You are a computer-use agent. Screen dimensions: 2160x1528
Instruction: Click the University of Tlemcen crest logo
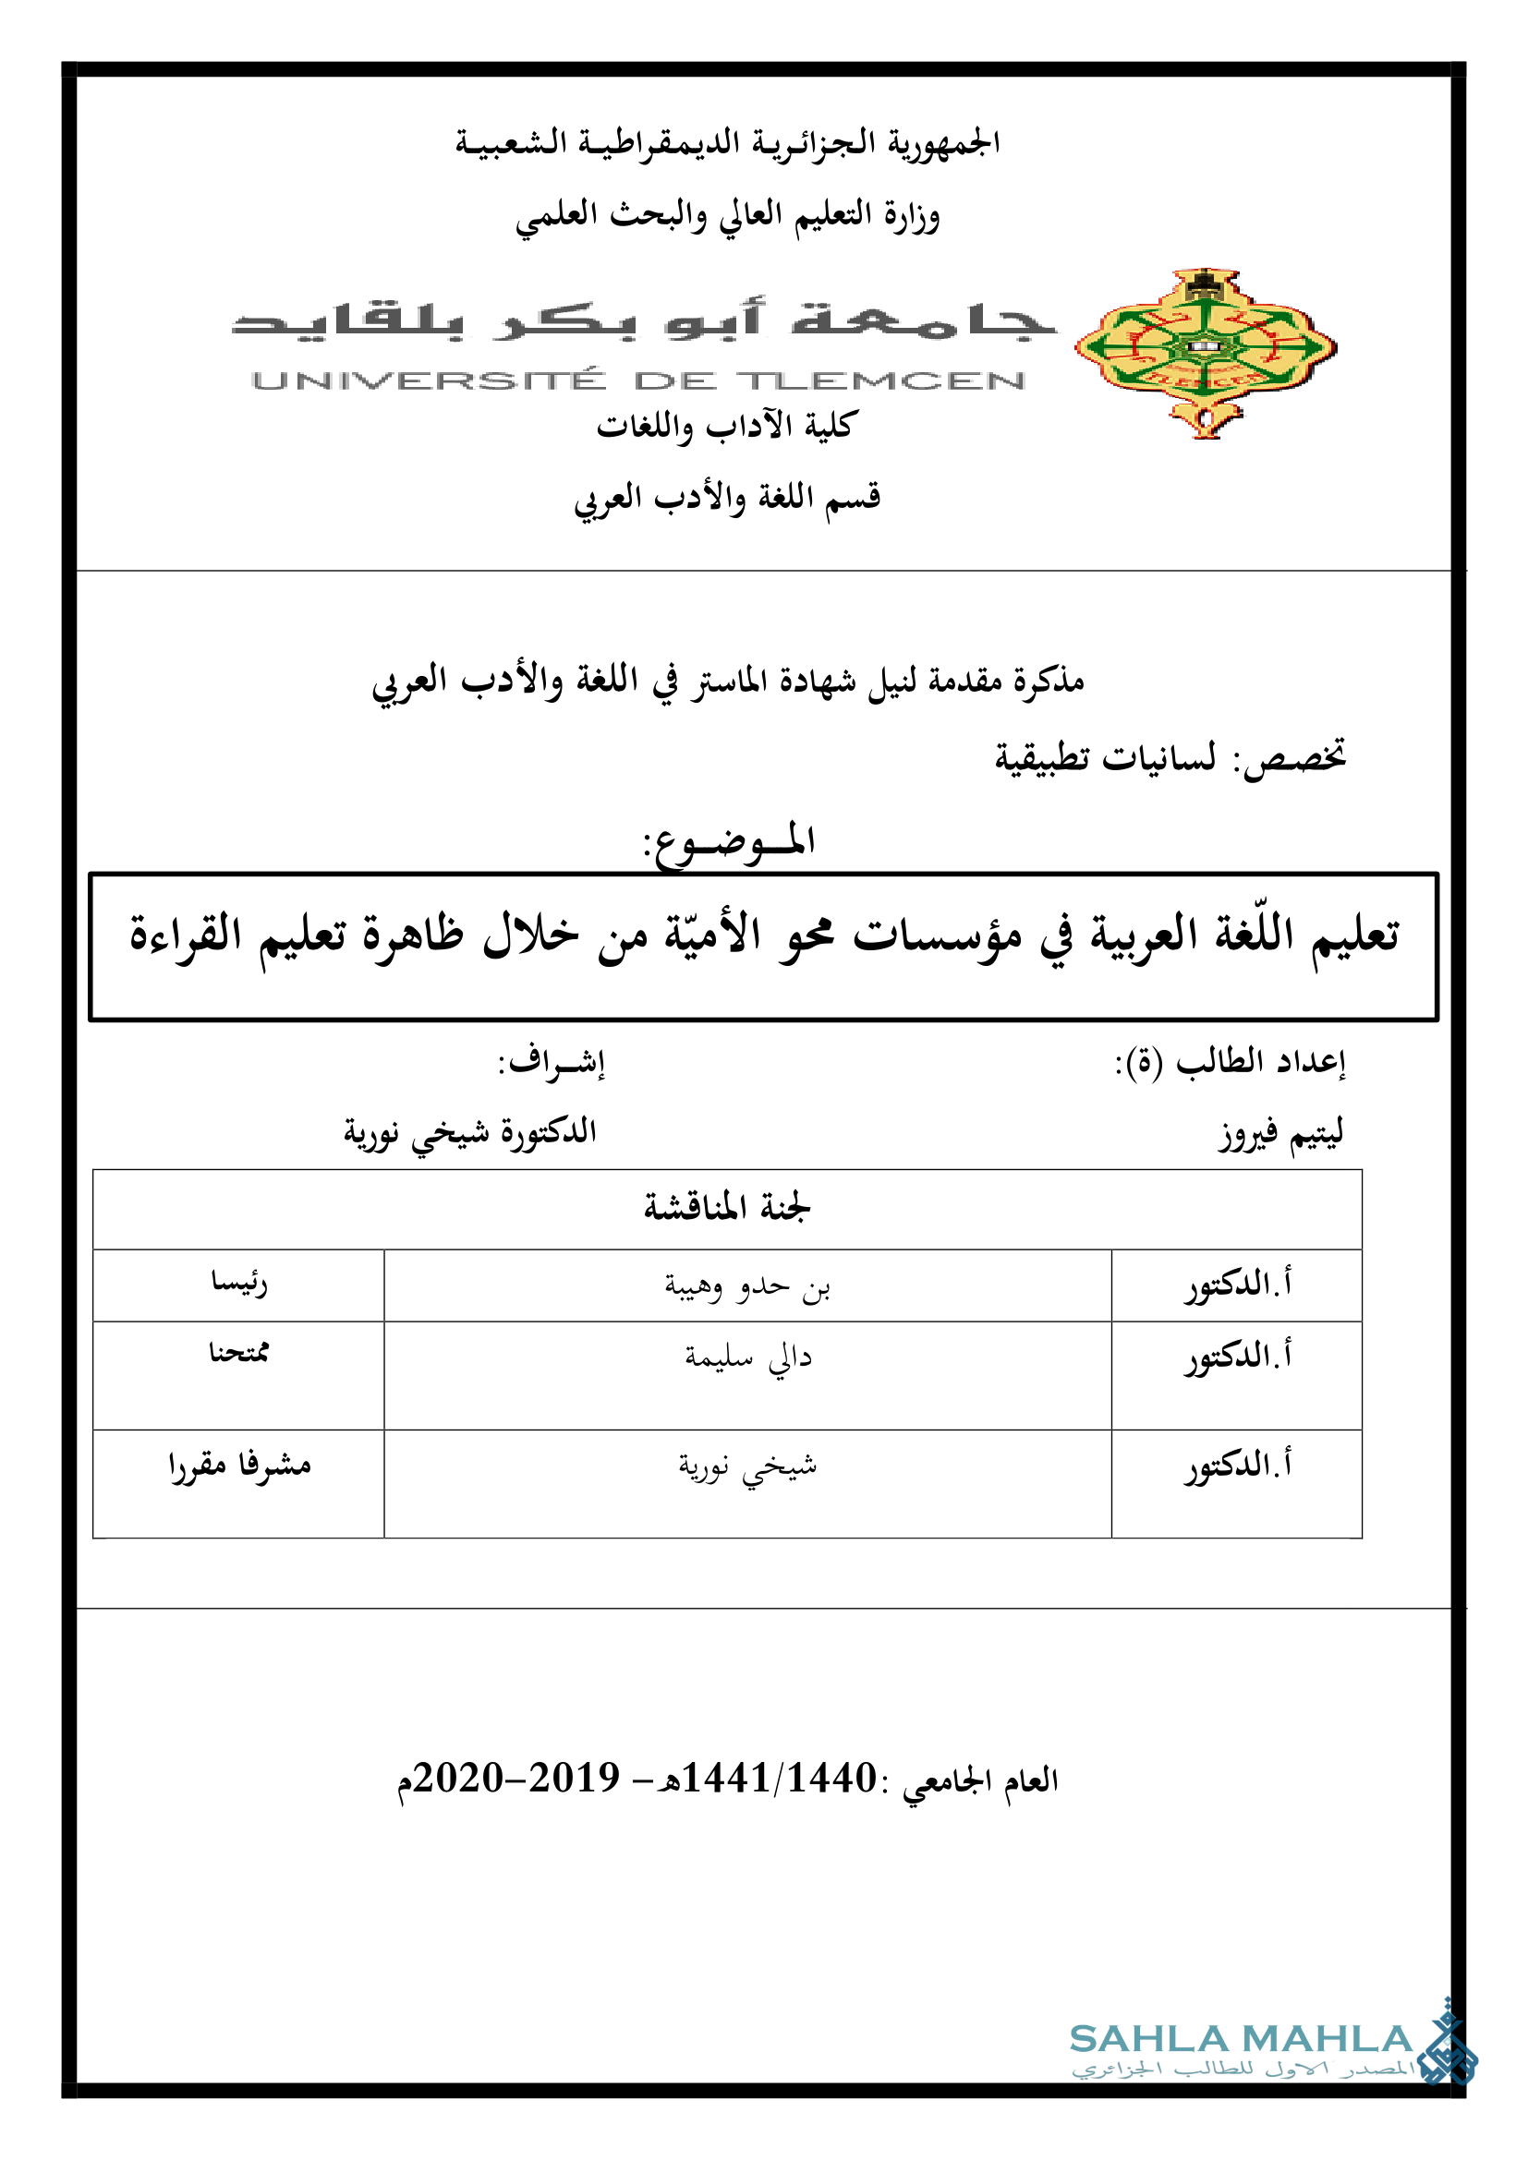point(1206,352)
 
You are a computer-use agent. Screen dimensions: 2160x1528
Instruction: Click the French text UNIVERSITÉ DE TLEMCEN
point(638,381)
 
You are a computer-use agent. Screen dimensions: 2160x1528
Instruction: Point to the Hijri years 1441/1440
point(779,1778)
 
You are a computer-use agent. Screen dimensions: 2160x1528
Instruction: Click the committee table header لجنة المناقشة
point(726,1207)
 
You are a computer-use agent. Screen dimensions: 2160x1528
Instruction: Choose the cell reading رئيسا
point(239,1284)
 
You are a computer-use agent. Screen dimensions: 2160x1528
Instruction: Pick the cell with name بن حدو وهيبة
point(747,1285)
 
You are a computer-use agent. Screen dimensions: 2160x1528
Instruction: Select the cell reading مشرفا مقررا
point(239,1466)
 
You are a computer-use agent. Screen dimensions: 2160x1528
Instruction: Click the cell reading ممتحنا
point(239,1353)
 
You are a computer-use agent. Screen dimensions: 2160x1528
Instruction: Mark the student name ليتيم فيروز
point(1281,1133)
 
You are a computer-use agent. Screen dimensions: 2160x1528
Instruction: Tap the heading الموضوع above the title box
point(728,840)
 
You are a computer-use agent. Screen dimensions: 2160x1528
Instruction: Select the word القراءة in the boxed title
point(186,935)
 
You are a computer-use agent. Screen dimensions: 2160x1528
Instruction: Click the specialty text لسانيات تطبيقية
point(1105,757)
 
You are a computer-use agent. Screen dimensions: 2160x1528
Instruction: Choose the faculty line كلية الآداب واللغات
point(724,425)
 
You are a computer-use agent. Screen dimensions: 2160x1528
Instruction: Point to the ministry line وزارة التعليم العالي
point(726,215)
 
